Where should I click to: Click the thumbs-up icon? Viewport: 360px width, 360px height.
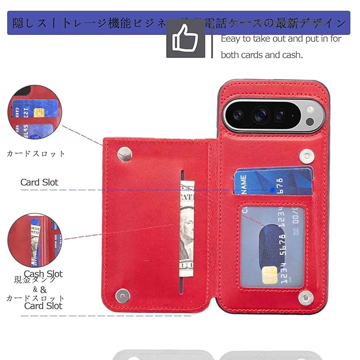pyautogui.click(x=186, y=38)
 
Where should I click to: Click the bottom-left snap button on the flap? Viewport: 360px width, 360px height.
pyautogui.click(x=122, y=295)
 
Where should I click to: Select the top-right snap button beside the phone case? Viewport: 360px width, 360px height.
pyautogui.click(x=307, y=153)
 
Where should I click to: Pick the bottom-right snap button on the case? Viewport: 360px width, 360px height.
pyautogui.click(x=305, y=296)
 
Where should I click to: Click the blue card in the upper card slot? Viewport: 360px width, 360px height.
pyautogui.click(x=273, y=181)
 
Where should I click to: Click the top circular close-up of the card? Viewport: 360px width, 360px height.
pyautogui.click(x=30, y=111)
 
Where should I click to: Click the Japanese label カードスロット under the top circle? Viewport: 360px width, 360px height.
pyautogui.click(x=36, y=154)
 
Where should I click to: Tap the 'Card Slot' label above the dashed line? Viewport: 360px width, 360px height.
pyautogui.click(x=39, y=182)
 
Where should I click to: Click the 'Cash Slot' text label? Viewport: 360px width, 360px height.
pyautogui.click(x=43, y=274)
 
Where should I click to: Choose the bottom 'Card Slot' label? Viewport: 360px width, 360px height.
pyautogui.click(x=43, y=306)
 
